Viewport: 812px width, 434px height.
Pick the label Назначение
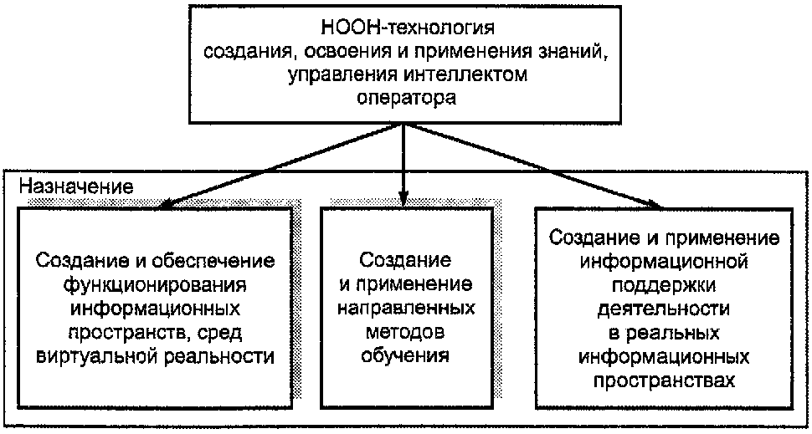tap(75, 186)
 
